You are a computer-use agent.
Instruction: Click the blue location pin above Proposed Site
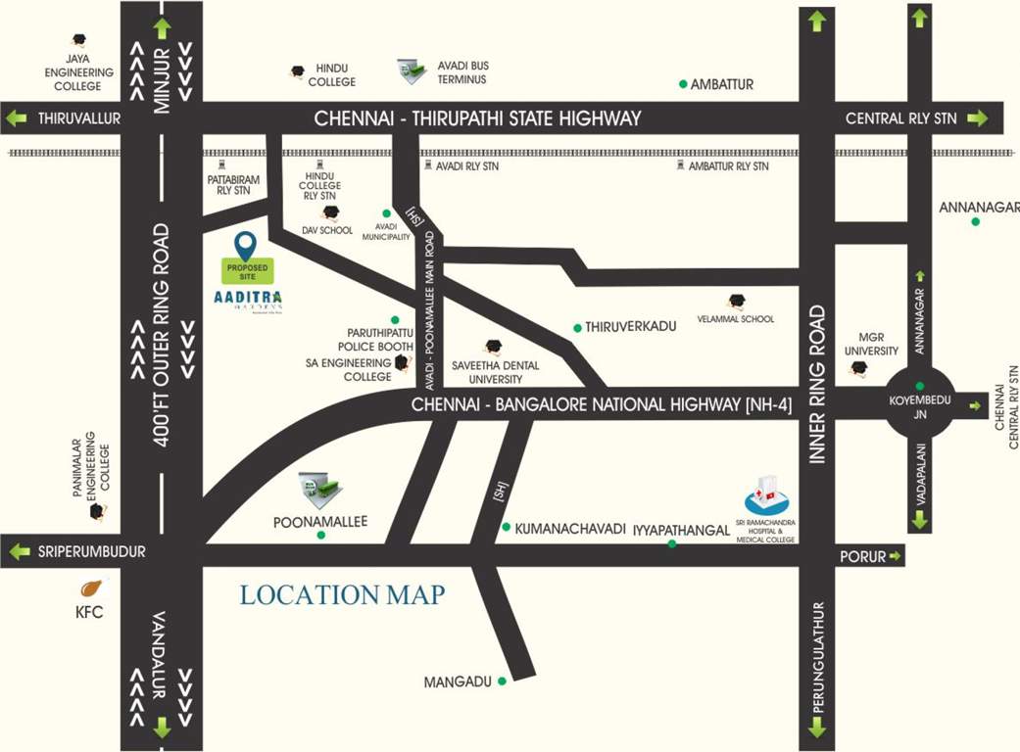(245, 245)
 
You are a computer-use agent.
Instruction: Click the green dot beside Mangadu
(503, 681)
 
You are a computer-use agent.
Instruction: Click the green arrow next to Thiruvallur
(17, 118)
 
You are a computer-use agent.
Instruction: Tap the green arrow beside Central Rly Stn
(977, 118)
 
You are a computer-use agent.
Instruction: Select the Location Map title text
(342, 594)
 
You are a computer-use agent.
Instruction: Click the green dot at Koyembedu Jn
(919, 386)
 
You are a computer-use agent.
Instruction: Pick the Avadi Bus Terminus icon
(413, 70)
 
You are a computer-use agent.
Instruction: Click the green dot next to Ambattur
(683, 84)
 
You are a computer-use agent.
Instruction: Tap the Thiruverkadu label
(631, 327)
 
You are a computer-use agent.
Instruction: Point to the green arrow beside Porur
(895, 556)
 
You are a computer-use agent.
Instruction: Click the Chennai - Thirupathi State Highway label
(477, 118)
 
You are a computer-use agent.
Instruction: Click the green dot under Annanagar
(976, 222)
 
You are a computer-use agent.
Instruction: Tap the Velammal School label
(735, 319)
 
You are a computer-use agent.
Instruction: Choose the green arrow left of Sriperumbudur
(18, 552)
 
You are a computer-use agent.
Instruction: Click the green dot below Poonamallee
(320, 536)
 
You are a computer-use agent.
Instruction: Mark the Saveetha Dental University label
(496, 372)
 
